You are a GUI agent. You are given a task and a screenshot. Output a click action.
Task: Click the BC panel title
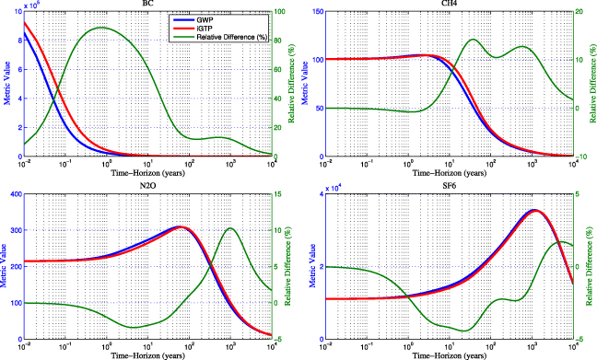[147, 5]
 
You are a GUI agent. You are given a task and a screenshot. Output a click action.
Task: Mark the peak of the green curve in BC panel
[100, 28]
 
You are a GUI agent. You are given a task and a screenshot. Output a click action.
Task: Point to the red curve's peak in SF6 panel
[533, 210]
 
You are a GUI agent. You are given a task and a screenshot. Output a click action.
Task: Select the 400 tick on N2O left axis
[14, 194]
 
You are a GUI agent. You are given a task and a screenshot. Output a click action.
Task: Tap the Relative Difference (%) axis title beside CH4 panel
[592, 83]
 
